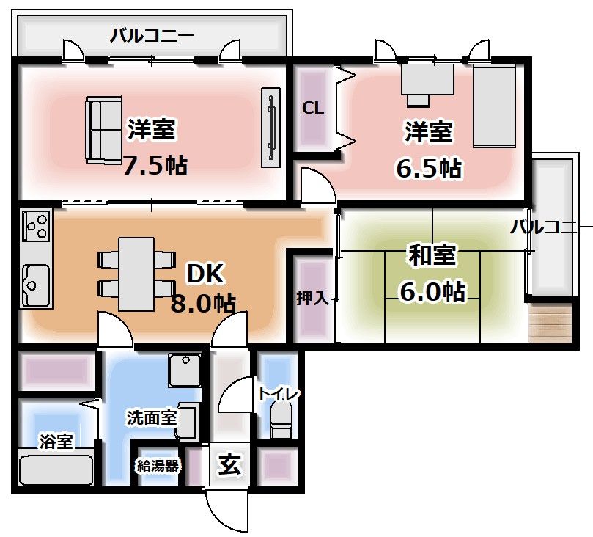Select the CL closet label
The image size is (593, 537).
pyautogui.click(x=313, y=108)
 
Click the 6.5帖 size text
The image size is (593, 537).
pyautogui.click(x=429, y=169)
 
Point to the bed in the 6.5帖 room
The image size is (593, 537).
pyautogui.click(x=496, y=106)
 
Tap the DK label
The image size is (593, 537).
pyautogui.click(x=204, y=274)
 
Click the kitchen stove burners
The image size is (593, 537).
pyautogui.click(x=36, y=225)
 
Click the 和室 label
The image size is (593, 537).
pyautogui.click(x=432, y=256)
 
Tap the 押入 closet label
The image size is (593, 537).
pyautogui.click(x=313, y=298)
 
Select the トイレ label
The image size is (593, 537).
pyautogui.click(x=278, y=394)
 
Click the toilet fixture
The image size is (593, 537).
pyautogui.click(x=280, y=423)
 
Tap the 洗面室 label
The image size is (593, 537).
pyautogui.click(x=151, y=418)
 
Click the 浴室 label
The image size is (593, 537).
pyautogui.click(x=56, y=442)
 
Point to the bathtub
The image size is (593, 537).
pyautogui.click(x=56, y=470)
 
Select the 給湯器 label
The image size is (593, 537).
pyautogui.click(x=157, y=465)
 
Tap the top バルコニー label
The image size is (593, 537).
pyautogui.click(x=152, y=34)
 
